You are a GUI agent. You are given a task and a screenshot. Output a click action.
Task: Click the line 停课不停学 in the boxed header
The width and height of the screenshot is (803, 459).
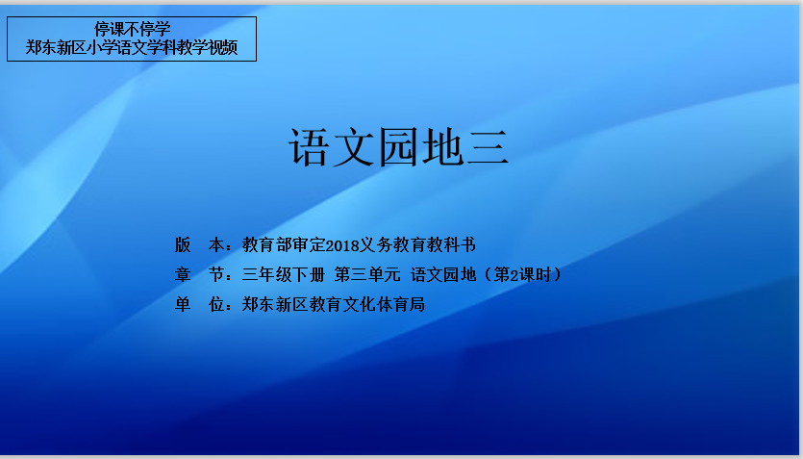click(x=132, y=29)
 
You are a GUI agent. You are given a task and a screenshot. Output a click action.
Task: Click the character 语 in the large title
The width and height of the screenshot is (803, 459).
click(x=309, y=147)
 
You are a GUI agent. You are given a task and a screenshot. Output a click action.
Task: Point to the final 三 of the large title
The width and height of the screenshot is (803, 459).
click(x=489, y=147)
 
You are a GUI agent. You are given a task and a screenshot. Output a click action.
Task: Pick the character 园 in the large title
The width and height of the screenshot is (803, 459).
click(x=398, y=147)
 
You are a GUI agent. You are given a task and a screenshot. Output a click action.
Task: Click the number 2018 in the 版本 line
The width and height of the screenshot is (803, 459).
click(x=342, y=245)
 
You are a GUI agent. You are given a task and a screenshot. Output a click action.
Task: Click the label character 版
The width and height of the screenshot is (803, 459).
click(x=183, y=244)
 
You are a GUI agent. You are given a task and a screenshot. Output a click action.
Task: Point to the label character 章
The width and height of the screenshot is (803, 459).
click(x=183, y=274)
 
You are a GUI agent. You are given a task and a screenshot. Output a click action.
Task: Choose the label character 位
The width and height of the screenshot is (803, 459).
click(x=216, y=304)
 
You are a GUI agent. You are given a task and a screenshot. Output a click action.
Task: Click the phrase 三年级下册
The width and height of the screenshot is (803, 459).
click(x=284, y=274)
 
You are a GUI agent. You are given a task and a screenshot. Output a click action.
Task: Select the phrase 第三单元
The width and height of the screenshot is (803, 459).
click(x=367, y=274)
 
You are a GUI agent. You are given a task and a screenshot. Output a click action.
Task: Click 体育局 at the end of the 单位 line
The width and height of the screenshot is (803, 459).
click(x=400, y=304)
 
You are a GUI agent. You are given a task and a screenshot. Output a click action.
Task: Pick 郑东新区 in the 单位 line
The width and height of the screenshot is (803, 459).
click(x=275, y=304)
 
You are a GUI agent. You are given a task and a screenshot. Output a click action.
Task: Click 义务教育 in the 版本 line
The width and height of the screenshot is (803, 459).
click(x=392, y=244)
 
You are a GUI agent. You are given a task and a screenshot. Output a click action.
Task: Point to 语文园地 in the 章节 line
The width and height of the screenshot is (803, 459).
click(x=443, y=274)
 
